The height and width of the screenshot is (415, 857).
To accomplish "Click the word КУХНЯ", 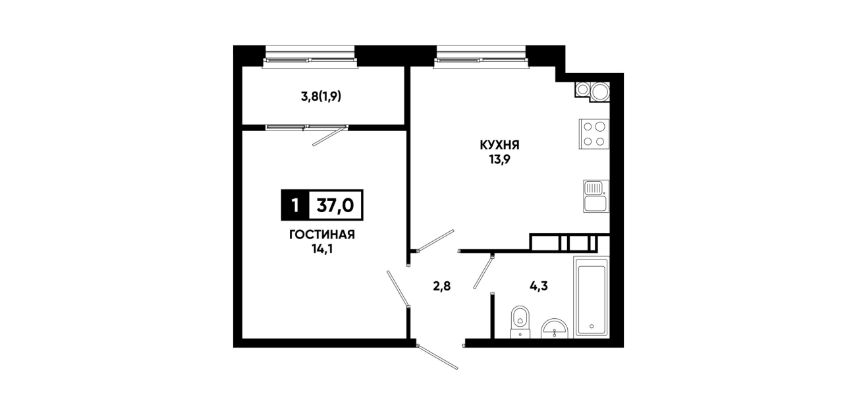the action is pyautogui.click(x=500, y=146).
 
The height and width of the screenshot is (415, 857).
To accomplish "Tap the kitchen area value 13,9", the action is pyautogui.click(x=499, y=160).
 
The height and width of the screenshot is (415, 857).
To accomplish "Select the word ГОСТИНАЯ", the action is pyautogui.click(x=322, y=235).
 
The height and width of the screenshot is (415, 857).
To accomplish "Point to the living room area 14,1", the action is pyautogui.click(x=322, y=250).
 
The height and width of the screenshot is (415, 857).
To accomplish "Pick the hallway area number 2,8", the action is pyautogui.click(x=442, y=286).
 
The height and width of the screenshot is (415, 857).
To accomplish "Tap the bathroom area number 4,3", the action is pyautogui.click(x=539, y=286).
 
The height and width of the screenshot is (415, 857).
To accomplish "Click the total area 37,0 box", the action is pyautogui.click(x=335, y=206).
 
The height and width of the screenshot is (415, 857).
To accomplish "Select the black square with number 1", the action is pyautogui.click(x=295, y=206).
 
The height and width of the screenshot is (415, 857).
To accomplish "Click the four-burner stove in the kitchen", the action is pyautogui.click(x=594, y=134).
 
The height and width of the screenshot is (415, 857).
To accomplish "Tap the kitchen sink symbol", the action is pyautogui.click(x=596, y=196).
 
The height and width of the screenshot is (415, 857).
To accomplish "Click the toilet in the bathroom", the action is pyautogui.click(x=520, y=322).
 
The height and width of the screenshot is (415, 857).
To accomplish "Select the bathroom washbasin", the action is pyautogui.click(x=555, y=329).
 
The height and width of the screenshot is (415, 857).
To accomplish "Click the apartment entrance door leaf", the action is pyautogui.click(x=437, y=357).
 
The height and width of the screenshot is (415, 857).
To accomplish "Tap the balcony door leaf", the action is pyautogui.click(x=330, y=136).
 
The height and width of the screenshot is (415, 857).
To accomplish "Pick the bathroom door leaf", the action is pyautogui.click(x=484, y=273).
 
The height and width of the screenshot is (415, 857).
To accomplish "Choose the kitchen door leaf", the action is pyautogui.click(x=435, y=240).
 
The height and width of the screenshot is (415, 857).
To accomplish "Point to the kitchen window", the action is pyautogui.click(x=482, y=57).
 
